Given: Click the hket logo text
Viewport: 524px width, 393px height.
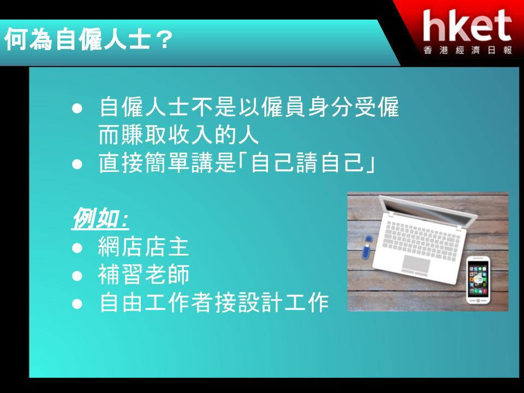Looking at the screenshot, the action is tap(467, 26).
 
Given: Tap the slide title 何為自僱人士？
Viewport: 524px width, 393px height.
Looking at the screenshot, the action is tap(88, 40).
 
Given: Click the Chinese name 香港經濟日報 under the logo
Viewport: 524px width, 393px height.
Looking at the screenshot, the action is tap(468, 50).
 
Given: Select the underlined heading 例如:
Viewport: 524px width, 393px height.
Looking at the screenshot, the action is tap(100, 218).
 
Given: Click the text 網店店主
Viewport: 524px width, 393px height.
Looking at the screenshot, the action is tap(144, 247).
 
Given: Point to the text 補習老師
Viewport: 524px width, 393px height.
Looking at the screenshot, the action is tap(144, 275).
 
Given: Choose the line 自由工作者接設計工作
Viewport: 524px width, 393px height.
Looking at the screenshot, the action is tap(214, 303).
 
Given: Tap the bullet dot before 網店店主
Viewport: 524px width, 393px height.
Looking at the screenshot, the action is tap(77, 248).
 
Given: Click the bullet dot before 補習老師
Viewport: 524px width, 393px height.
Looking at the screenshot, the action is tap(77, 276).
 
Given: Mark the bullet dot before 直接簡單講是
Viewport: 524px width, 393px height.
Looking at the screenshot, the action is tap(77, 164).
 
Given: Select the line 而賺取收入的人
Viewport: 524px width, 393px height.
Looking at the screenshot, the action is tap(179, 135).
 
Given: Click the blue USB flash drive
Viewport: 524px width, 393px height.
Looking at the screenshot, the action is tap(367, 247).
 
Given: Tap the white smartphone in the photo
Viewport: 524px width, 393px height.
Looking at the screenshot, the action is tap(478, 279).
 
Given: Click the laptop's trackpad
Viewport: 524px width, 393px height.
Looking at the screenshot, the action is tap(416, 264).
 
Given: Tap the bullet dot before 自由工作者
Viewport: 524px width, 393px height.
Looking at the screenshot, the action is tap(77, 304).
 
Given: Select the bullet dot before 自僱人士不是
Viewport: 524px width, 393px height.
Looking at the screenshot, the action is tap(77, 108).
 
